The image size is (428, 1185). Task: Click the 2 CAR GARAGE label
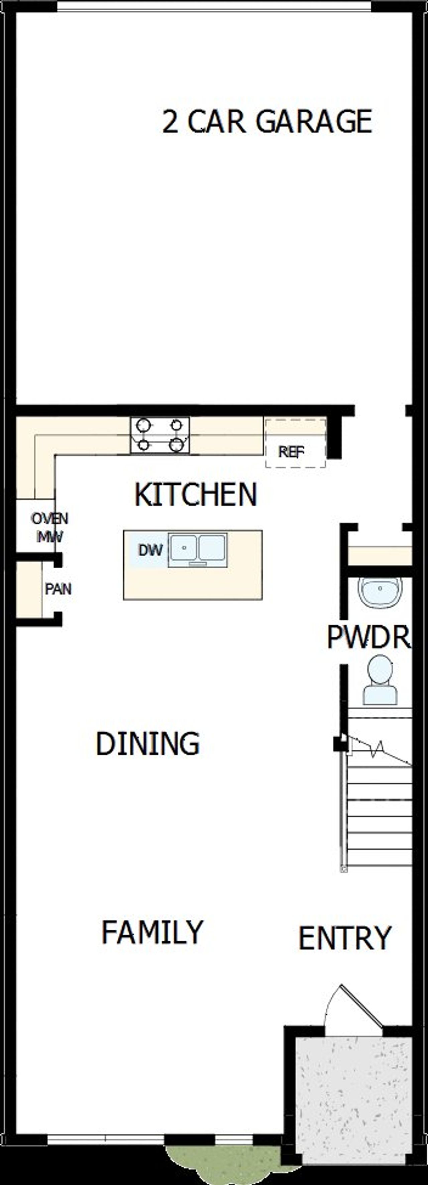click(x=267, y=121)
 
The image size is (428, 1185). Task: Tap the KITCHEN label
click(x=196, y=494)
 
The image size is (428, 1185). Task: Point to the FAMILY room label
click(x=152, y=932)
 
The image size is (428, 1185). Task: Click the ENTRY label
click(x=345, y=938)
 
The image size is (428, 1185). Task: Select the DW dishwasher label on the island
click(x=150, y=550)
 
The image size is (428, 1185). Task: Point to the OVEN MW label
click(x=50, y=527)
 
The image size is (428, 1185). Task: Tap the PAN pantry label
click(x=58, y=589)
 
